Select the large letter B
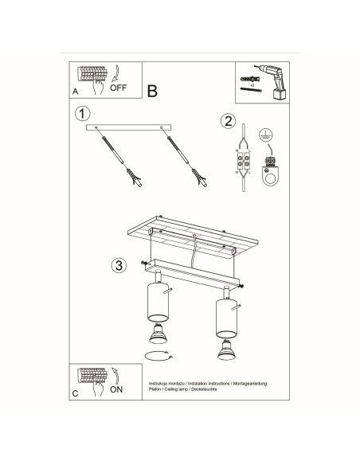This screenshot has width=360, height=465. coord(153,90)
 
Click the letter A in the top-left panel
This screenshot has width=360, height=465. coord(75,91)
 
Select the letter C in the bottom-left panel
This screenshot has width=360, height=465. coord(75,393)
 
